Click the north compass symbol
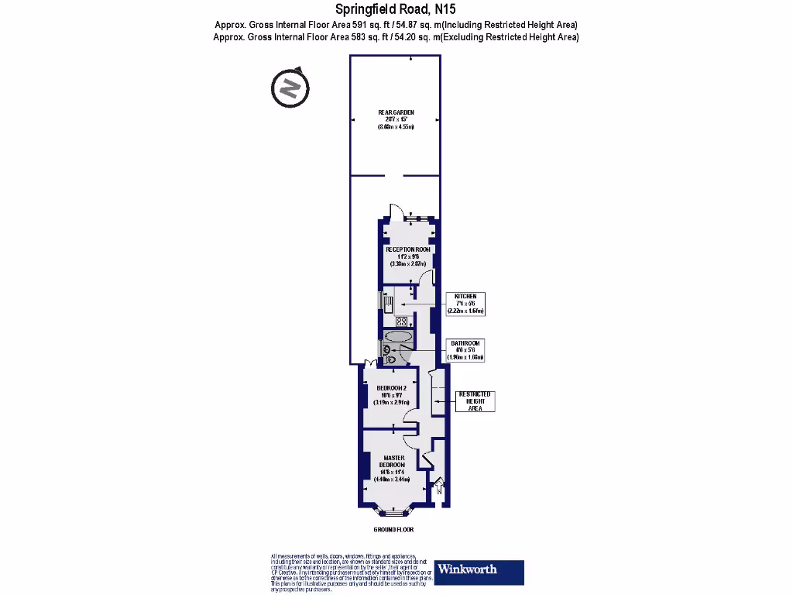coord(289,88)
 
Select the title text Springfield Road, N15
coord(396,10)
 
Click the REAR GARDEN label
coord(396,113)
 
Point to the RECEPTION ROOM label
coord(408,250)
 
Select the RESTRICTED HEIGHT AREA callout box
coord(475,401)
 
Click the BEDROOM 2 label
coord(391,387)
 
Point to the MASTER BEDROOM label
coord(395,460)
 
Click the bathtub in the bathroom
coord(398,338)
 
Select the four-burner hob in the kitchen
coord(402,321)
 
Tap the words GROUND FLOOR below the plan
coord(393,530)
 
